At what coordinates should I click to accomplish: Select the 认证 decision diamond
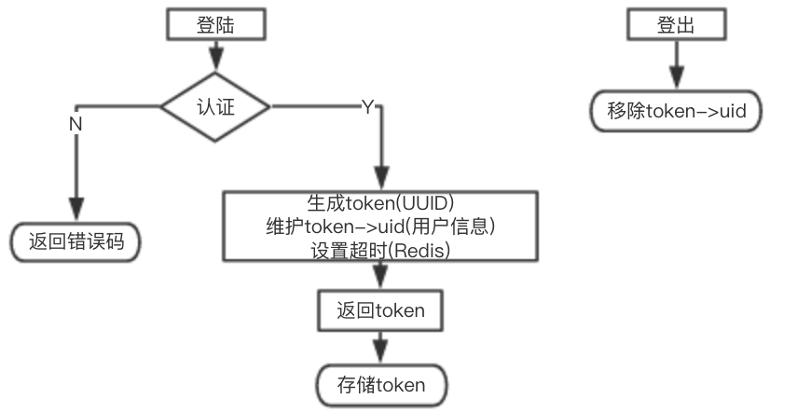coord(215,106)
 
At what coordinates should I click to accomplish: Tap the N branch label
coord(76,124)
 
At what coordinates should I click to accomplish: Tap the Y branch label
coord(367,107)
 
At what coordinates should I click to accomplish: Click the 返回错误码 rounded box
coord(76,242)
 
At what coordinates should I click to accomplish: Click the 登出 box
coord(675,24)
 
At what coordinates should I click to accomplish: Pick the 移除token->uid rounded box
coord(676,110)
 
